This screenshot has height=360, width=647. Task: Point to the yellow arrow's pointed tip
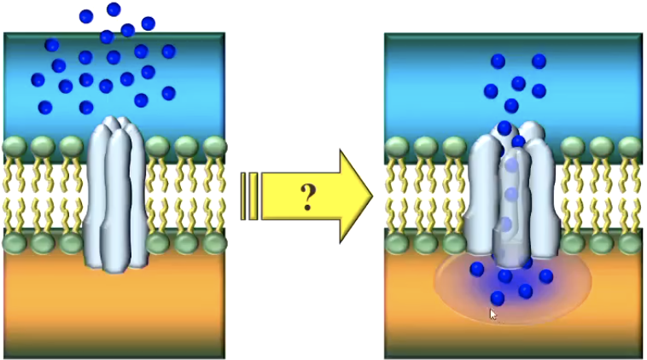click(x=371, y=195)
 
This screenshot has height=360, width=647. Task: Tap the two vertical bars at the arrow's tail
click(x=248, y=196)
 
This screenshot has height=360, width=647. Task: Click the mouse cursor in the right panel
click(x=493, y=314)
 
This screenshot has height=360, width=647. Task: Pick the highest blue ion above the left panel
click(x=114, y=9)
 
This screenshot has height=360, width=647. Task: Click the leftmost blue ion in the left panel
click(x=38, y=79)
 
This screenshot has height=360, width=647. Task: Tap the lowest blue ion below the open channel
click(x=498, y=298)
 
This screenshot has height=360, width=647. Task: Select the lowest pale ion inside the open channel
click(x=506, y=224)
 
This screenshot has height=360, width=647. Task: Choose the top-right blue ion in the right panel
click(x=539, y=61)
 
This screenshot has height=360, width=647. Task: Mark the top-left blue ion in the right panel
click(x=498, y=61)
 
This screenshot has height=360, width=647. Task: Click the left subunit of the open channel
click(x=484, y=196)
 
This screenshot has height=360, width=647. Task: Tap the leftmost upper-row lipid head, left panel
click(x=15, y=146)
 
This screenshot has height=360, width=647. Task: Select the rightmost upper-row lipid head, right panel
click(x=630, y=146)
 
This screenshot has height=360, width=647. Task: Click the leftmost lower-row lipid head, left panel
click(x=15, y=244)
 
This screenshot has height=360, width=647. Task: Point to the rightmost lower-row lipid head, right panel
click(x=630, y=244)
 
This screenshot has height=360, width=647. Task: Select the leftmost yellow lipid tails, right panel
click(x=398, y=195)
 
